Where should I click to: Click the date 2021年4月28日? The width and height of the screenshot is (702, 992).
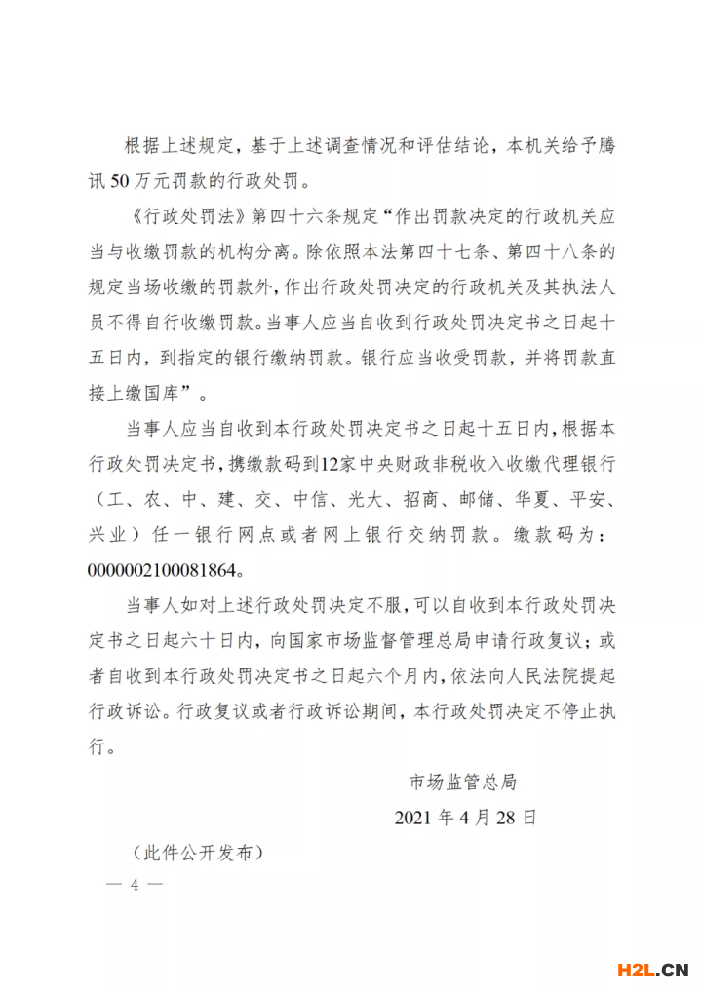(x=465, y=817)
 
